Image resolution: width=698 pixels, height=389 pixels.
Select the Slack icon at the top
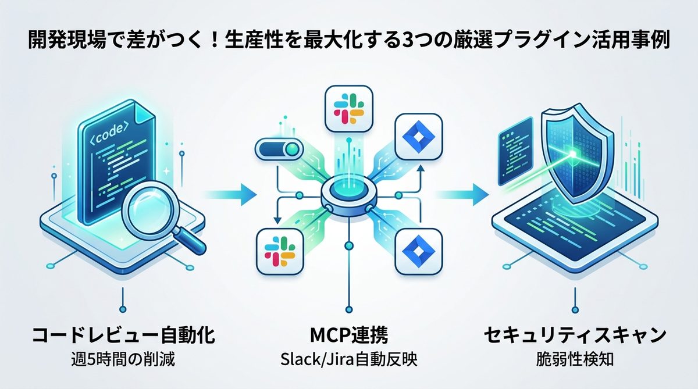coord(347,109)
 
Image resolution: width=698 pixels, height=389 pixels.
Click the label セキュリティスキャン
coord(575,336)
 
